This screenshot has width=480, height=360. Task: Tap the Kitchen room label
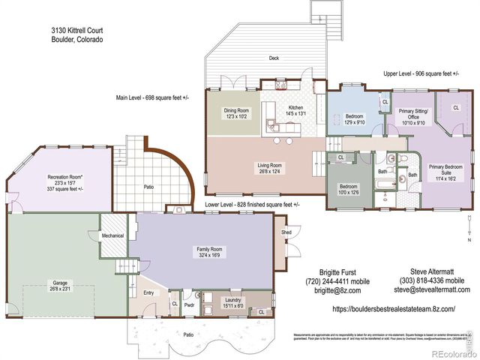coord(295,108)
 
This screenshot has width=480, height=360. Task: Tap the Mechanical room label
coord(112,235)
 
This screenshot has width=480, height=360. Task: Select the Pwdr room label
coord(189,305)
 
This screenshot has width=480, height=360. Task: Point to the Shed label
coord(286,232)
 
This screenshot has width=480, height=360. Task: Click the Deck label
coord(274,58)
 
